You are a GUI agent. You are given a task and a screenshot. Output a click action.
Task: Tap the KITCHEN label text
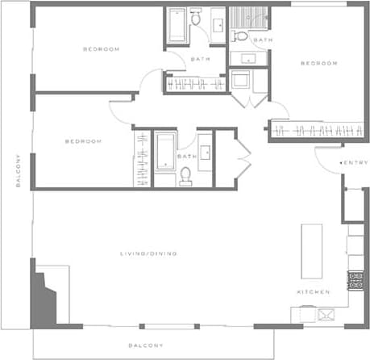click(312, 291)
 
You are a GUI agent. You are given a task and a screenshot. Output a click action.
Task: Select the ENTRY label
click(355, 163)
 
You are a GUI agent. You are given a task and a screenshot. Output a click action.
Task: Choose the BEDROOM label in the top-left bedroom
click(102, 49)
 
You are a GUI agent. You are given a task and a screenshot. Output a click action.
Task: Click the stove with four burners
click(355, 280)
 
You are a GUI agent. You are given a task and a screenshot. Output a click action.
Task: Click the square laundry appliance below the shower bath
click(241, 81)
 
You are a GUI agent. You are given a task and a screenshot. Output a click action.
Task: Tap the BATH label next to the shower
click(263, 40)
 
